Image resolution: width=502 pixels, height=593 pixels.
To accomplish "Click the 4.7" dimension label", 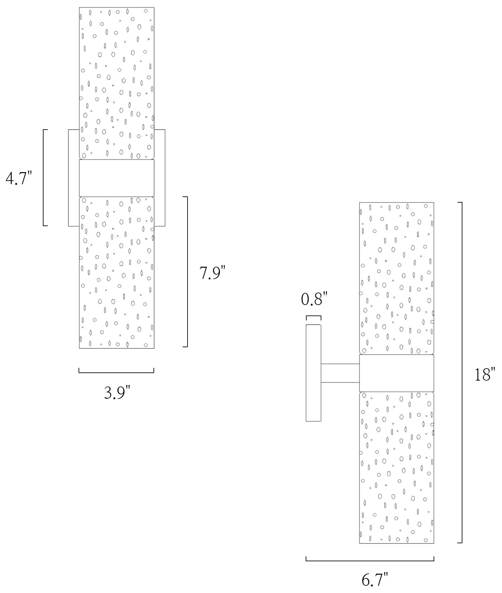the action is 19,178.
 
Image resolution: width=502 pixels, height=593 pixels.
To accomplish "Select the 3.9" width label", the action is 117,392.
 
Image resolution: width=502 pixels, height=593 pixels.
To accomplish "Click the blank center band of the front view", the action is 117,178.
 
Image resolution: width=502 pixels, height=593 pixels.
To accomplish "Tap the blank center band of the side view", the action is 397,373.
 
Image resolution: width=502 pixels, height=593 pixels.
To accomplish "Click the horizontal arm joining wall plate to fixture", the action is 340,373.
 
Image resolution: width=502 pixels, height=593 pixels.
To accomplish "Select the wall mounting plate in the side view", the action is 313,373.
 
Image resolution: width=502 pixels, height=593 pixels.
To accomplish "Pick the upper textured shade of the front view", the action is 117,83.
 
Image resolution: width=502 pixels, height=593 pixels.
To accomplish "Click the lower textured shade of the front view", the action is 117,273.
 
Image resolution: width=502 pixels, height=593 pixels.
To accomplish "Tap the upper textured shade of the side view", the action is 397,279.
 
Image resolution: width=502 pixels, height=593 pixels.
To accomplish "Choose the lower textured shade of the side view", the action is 397,468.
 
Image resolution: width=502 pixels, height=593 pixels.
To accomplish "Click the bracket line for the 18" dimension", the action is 462,373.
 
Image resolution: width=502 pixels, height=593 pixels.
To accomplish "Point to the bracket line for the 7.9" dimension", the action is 187,272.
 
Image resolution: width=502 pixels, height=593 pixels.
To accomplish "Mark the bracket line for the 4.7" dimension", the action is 43,178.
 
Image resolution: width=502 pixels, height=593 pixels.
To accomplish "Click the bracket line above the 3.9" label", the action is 117,372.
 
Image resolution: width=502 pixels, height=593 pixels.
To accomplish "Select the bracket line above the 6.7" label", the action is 370,561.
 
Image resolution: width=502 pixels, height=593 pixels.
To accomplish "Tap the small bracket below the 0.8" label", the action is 314,316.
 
